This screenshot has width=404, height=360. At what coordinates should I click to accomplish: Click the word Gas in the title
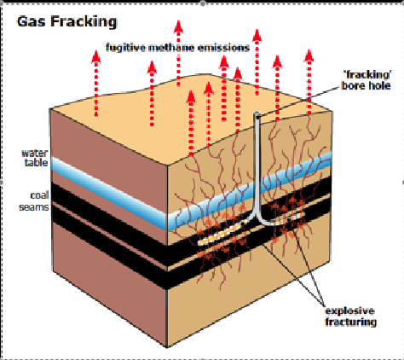[31, 21]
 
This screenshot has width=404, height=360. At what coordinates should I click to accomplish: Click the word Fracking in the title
[84, 22]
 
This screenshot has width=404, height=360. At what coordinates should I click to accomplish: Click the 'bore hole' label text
[366, 85]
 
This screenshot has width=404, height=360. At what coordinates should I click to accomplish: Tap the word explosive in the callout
[349, 311]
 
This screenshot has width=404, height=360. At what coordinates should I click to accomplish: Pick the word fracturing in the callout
[350, 322]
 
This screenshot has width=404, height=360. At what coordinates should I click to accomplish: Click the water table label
[35, 158]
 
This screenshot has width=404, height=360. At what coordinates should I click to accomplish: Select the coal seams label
[34, 201]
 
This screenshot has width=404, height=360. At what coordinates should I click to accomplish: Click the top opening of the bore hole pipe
[257, 114]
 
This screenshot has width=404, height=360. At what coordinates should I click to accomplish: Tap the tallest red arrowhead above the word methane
[178, 26]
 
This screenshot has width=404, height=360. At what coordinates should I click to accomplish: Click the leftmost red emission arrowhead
[96, 56]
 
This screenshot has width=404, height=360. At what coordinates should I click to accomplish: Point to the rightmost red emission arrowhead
[309, 55]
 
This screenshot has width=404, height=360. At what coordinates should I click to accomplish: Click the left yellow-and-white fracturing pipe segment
[221, 234]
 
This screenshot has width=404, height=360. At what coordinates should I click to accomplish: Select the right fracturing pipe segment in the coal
[287, 218]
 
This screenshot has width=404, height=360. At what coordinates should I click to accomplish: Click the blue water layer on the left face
[109, 193]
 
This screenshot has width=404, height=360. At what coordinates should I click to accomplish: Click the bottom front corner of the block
[167, 347]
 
